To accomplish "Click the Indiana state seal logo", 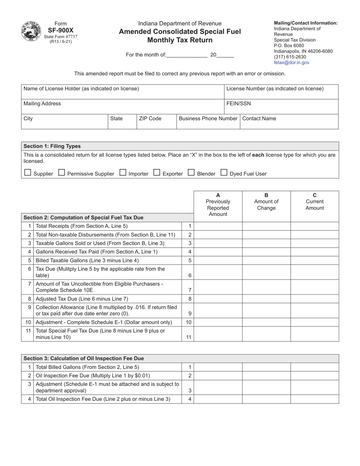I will [31, 31].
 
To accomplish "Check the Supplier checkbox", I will [27, 173].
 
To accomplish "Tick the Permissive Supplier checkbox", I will [61, 173].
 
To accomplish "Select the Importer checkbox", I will [123, 173].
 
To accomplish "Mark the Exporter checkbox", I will [157, 173].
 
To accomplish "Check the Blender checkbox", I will [191, 173].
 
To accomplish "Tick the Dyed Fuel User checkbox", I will [224, 173].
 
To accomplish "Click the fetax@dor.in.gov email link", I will [291, 63].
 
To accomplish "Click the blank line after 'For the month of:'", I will [187, 55].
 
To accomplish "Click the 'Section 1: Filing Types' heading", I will [52, 146].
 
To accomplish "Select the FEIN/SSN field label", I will [238, 103].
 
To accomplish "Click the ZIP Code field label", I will [150, 119].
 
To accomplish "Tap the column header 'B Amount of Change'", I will [266, 202].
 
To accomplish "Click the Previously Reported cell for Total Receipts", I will [218, 226].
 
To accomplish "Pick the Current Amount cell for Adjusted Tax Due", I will [315, 299].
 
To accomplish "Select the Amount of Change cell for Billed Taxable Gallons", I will [266, 260].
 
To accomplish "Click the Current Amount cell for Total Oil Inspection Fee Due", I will [315, 399].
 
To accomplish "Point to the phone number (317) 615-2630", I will [290, 57].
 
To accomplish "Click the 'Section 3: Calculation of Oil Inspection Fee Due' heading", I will [84, 358].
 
